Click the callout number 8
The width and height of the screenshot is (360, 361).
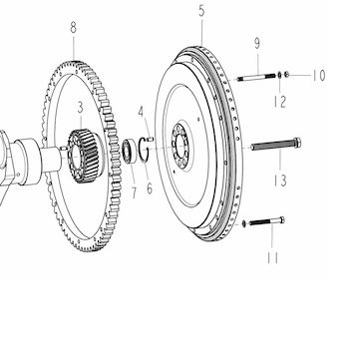(74, 28)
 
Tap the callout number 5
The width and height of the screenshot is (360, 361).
(201, 11)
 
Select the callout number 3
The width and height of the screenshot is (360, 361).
(80, 108)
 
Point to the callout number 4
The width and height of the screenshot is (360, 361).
(141, 113)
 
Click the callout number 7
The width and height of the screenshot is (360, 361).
(134, 192)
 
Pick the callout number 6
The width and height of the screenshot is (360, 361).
(150, 188)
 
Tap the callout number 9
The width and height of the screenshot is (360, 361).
(257, 44)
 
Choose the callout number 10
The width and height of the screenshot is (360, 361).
(318, 76)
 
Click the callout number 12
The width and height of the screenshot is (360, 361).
(280, 102)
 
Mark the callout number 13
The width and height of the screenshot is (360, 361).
(280, 180)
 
